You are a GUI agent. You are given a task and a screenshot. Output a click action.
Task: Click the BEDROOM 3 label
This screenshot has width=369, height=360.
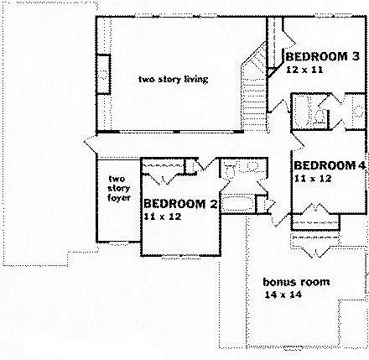click(x=323, y=57)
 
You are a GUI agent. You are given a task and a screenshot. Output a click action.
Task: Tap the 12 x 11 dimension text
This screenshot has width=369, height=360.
click(x=304, y=73)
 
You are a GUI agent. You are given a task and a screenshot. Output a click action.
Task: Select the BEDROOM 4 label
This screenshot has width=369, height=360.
click(x=330, y=164)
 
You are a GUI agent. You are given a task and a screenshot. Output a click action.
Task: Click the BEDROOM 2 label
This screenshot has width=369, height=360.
click(x=180, y=204)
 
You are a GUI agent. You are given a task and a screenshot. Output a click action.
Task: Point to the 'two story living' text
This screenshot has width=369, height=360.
click(x=173, y=80)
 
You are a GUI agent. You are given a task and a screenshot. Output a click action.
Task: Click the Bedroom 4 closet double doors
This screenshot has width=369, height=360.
click(x=315, y=211)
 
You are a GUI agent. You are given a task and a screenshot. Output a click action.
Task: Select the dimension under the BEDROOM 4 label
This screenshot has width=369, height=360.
click(x=309, y=178)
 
